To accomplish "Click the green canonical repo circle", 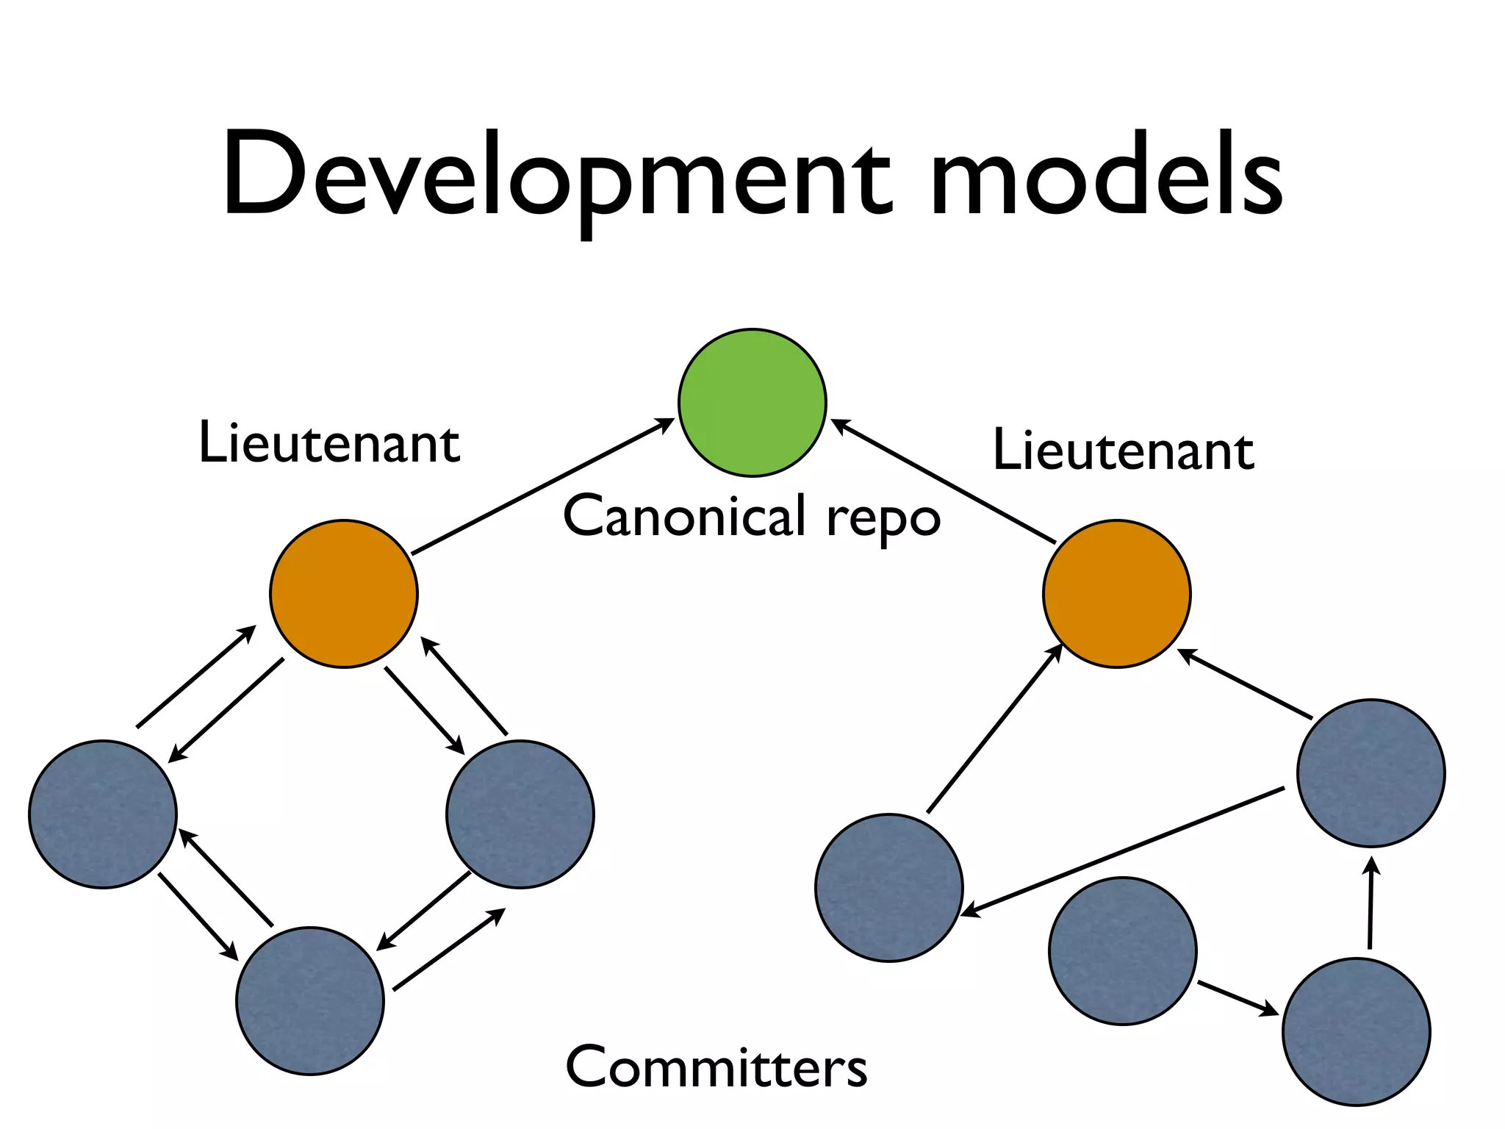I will [x=752, y=403].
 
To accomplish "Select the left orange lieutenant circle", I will [x=344, y=594].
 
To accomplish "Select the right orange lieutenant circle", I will [x=1116, y=594].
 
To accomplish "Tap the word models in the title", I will [x=1106, y=176].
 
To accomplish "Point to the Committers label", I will [x=716, y=1067].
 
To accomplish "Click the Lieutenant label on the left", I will [x=328, y=442].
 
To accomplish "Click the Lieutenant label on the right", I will [x=1123, y=450].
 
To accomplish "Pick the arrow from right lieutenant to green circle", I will [x=943, y=481].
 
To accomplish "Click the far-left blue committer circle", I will [x=103, y=814].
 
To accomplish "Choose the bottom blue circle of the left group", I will [x=310, y=1001].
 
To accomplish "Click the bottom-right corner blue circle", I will [x=1356, y=1031].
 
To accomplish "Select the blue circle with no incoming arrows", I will [x=1122, y=950].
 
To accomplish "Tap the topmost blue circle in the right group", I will [x=1371, y=773].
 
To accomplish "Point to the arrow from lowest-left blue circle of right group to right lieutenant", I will [x=994, y=728].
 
